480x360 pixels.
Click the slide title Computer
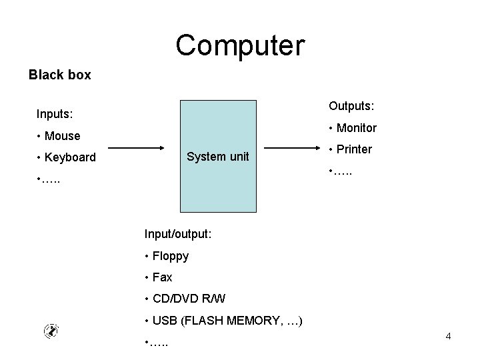coord(240,45)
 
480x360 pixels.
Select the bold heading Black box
coord(60,75)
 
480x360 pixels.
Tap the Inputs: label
coord(55,114)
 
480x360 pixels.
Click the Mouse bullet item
coord(63,135)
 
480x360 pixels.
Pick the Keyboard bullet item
coord(70,157)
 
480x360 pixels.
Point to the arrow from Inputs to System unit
coord(136,148)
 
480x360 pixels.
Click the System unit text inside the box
coord(217,157)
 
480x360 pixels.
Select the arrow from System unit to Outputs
coord(292,148)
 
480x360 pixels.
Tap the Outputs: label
coord(351,106)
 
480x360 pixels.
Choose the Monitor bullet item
coord(357,127)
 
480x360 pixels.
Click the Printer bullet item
coord(354,149)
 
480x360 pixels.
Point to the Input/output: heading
coord(178,234)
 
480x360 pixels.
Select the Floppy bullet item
coord(171,256)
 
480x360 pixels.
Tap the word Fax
coord(162,277)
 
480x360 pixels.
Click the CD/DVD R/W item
coord(189,299)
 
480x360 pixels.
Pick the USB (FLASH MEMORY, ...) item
coord(227,321)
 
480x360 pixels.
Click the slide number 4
coord(448,336)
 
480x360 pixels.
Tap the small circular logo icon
coord(51,331)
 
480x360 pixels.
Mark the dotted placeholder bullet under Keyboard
coord(49,180)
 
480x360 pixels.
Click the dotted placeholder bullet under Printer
coord(341,172)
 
